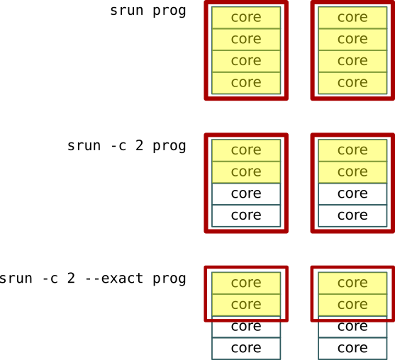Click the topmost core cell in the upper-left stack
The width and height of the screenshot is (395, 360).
246,18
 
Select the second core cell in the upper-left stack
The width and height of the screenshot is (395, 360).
246,39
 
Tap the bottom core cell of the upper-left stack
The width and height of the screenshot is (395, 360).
246,83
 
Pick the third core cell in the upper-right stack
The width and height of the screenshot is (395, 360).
352,61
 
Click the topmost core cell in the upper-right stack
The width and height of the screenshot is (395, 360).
352,18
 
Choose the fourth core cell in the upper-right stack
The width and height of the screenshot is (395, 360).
352,83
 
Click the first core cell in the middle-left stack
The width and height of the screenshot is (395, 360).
246,150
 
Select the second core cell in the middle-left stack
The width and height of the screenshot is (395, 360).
246,171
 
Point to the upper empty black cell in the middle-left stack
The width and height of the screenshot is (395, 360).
246,193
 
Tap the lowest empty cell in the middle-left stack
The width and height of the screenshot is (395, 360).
246,215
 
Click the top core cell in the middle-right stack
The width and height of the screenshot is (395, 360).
352,150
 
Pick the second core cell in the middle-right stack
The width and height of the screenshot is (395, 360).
352,171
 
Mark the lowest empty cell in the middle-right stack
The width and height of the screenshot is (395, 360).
352,215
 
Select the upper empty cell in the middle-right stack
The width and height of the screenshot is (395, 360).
352,193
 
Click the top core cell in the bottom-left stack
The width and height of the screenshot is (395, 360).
246,283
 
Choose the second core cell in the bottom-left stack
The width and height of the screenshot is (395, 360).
246,304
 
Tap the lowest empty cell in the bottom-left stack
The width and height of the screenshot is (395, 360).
246,348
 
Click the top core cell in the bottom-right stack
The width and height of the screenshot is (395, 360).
352,283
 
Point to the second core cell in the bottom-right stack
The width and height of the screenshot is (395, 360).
352,304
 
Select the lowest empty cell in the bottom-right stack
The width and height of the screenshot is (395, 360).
352,348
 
